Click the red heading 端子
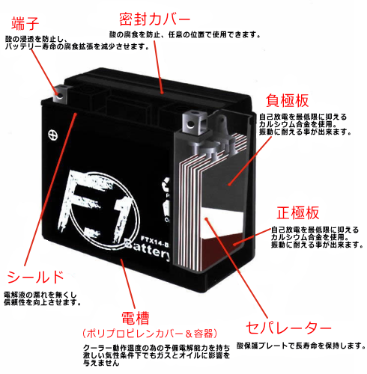pyautogui.click(x=25, y=23)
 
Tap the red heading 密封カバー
pyautogui.click(x=154, y=19)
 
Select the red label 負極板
pyautogui.click(x=288, y=100)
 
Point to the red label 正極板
pyautogui.click(x=298, y=212)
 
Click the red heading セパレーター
pyautogui.click(x=288, y=328)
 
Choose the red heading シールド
pyautogui.click(x=35, y=277)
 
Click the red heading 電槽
pyautogui.click(x=136, y=318)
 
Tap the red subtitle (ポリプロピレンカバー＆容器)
pyautogui.click(x=150, y=334)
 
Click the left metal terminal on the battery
pyautogui.click(x=61, y=94)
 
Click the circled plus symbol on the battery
pyautogui.click(x=52, y=135)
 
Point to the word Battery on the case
pyautogui.click(x=148, y=250)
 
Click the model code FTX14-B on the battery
pyautogui.click(x=154, y=241)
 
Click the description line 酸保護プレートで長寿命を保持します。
pyautogui.click(x=301, y=346)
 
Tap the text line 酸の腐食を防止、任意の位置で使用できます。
pyautogui.click(x=185, y=34)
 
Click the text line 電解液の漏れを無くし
pyautogui.click(x=40, y=295)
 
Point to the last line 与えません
pyautogui.click(x=101, y=363)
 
